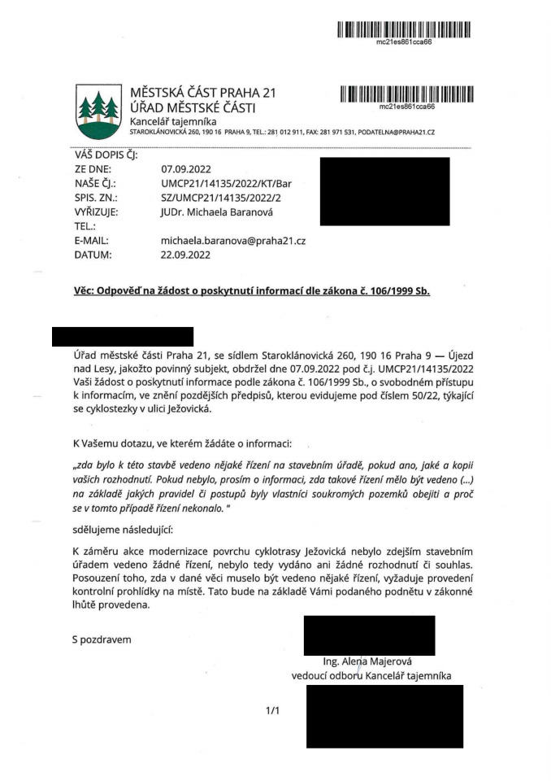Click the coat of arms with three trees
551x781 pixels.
pyautogui.click(x=96, y=111)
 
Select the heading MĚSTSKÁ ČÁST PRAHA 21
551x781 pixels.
pyautogui.click(x=203, y=93)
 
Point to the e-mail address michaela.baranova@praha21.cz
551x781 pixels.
pyautogui.click(x=233, y=241)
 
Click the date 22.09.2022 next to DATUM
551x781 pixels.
pyautogui.click(x=188, y=255)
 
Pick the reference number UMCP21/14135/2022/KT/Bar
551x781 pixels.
pyautogui.click(x=232, y=184)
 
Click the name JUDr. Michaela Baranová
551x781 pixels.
pyautogui.click(x=219, y=212)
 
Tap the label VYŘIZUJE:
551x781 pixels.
pyautogui.click(x=97, y=212)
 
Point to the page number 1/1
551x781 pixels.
pyautogui.click(x=272, y=711)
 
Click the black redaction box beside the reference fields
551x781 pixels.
pyautogui.click(x=384, y=191)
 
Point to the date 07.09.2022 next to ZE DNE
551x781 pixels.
pyautogui.click(x=188, y=169)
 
